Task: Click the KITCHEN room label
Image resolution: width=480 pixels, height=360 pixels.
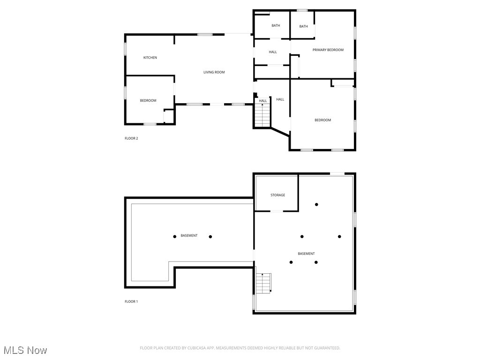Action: (150, 58)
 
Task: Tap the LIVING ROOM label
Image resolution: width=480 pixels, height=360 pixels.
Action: (214, 72)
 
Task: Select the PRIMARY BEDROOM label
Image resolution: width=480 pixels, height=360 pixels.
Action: (328, 50)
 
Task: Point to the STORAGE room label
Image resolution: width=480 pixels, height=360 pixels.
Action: (277, 195)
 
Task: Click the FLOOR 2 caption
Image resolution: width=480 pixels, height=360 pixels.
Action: (131, 138)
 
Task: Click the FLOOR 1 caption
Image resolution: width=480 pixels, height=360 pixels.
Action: (131, 301)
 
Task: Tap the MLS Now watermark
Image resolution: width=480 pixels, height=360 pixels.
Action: (25, 350)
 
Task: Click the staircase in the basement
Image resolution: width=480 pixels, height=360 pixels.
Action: (263, 283)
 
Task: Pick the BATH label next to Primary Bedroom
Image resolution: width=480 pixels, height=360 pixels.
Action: (304, 26)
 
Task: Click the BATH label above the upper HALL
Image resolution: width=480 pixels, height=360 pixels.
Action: (276, 25)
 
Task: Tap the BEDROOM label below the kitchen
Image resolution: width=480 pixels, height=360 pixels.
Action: (148, 100)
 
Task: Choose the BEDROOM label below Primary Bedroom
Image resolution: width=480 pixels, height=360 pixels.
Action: (322, 120)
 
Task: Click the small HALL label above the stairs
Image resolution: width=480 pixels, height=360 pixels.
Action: (263, 101)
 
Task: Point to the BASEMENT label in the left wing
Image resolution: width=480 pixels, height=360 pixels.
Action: (189, 235)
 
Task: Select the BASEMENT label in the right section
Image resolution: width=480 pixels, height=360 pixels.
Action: (306, 254)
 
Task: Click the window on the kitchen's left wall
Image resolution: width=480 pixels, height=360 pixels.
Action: (125, 49)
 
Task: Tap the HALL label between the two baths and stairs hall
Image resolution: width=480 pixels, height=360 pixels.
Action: (273, 52)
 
